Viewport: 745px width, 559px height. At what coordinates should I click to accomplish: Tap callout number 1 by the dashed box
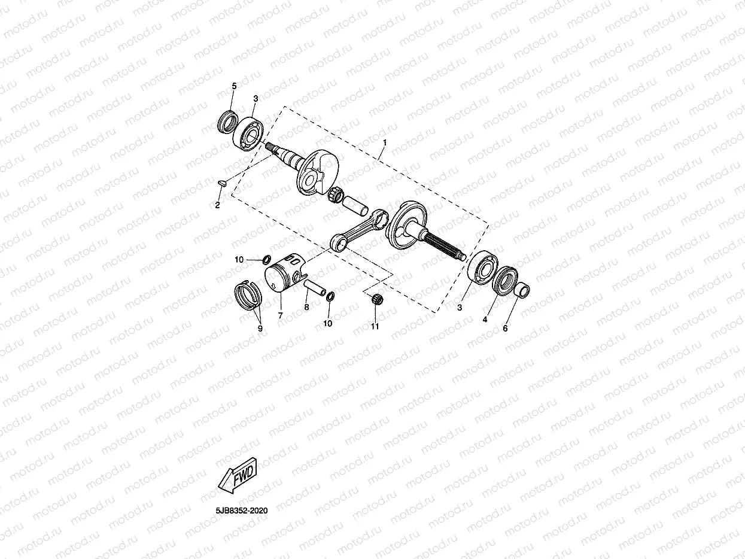coord(385,142)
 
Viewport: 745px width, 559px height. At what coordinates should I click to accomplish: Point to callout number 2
coord(218,205)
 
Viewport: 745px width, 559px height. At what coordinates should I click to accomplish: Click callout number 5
coord(234,87)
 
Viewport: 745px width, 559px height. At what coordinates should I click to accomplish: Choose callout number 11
coord(375,327)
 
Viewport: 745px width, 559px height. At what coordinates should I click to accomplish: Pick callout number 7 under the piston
coord(279,315)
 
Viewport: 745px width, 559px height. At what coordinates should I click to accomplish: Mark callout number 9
coord(260,328)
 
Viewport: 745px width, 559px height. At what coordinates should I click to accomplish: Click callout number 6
coord(504,328)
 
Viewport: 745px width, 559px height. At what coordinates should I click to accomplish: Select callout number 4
coord(485,320)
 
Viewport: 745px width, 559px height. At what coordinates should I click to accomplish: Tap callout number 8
coord(306,307)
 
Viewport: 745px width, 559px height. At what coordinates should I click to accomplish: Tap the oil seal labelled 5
coord(226,122)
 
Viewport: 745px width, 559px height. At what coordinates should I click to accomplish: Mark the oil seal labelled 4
coord(506,281)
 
